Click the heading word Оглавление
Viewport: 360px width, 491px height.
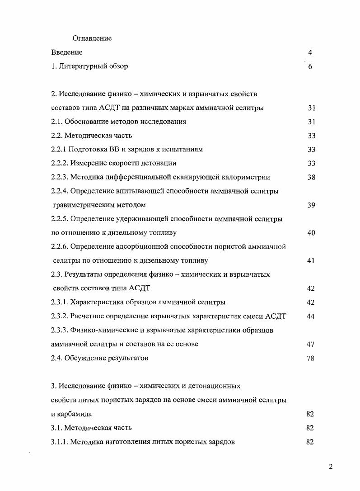[x=92, y=38]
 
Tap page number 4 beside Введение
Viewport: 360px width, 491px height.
[x=310, y=52]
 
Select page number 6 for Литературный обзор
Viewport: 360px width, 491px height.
[x=310, y=66]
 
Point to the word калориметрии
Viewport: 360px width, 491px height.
[x=251, y=177]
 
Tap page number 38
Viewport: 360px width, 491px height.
[x=311, y=177]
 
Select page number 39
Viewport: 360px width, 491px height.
[x=311, y=205]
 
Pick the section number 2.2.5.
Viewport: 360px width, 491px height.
[x=61, y=219]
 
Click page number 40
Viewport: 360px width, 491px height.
[x=311, y=233]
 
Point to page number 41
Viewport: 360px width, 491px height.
[x=311, y=261]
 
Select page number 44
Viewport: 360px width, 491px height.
[x=310, y=316]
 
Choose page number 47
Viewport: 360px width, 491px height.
[x=310, y=344]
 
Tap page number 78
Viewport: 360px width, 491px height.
[x=310, y=358]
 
